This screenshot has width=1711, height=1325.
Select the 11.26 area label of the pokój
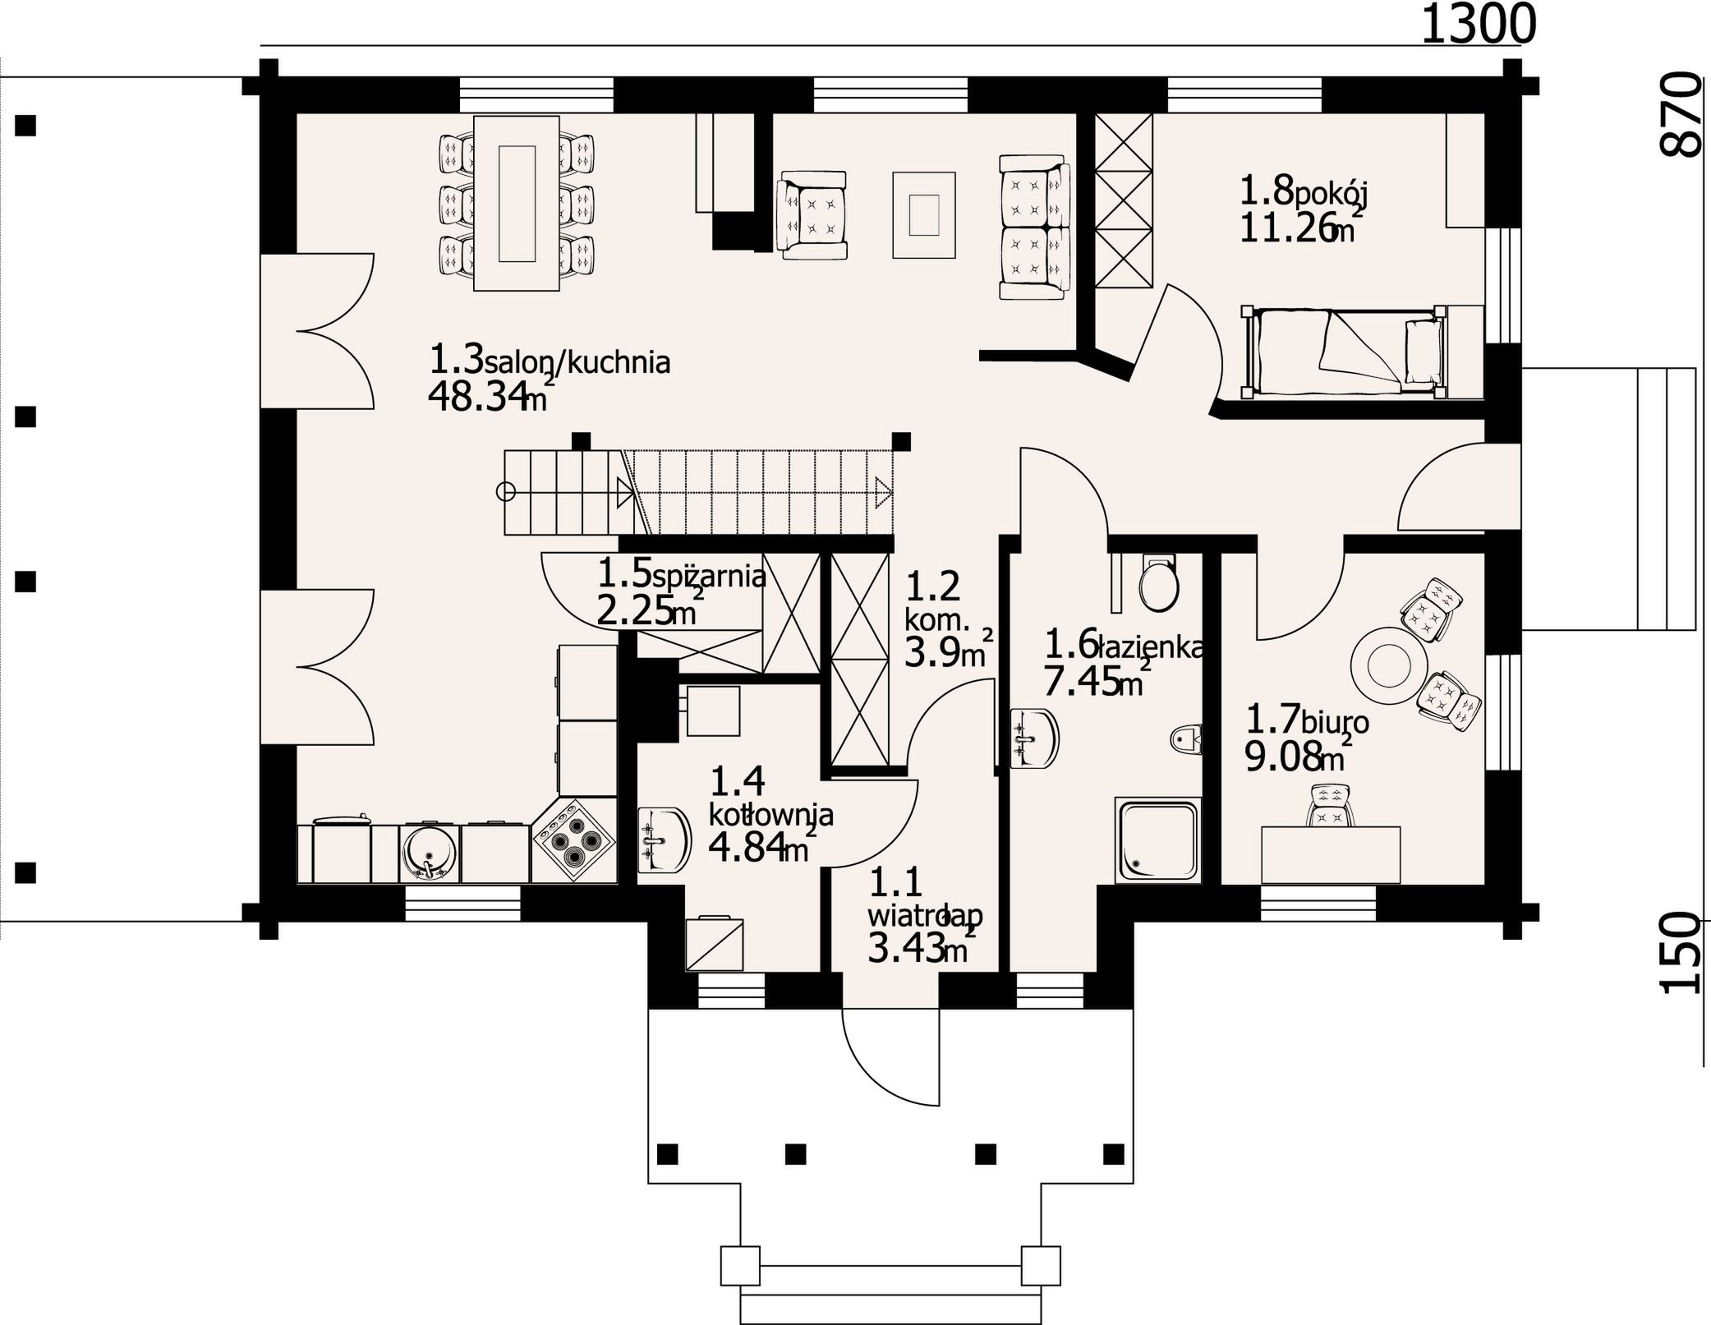tap(1286, 228)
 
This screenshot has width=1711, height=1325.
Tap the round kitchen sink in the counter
tap(429, 853)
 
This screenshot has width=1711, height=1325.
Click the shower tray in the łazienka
tap(1157, 840)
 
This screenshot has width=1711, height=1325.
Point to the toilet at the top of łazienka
tap(1159, 584)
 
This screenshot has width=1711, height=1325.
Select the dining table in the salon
tap(517, 203)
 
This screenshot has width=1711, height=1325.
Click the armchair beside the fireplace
tap(813, 215)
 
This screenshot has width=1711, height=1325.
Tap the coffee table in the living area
tap(924, 215)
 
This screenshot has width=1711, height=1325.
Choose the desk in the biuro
tap(1331, 855)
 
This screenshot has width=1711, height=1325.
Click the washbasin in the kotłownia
tap(665, 840)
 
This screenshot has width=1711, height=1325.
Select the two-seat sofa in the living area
tap(1035, 227)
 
